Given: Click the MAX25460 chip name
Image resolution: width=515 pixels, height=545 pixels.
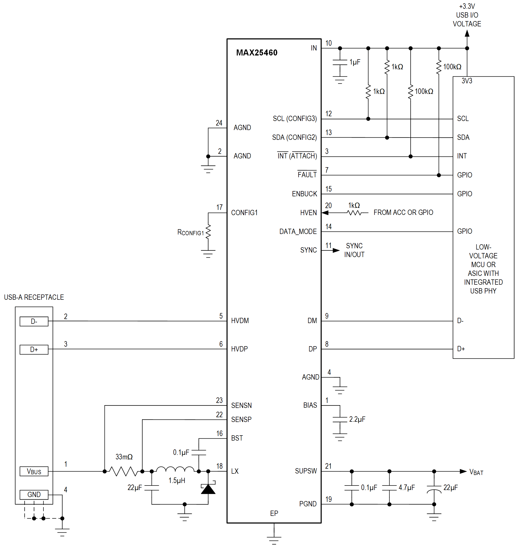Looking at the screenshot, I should (x=257, y=53).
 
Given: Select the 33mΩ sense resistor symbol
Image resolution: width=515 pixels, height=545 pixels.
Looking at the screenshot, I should (x=123, y=471).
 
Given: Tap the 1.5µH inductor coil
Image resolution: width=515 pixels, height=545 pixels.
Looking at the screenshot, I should (x=175, y=469).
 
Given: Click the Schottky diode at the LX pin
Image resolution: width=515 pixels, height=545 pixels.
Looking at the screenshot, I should (x=208, y=489).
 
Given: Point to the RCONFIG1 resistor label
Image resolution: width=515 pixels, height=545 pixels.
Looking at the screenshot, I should (x=191, y=232).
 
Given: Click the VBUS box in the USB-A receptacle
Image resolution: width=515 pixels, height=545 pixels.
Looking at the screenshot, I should (x=34, y=471).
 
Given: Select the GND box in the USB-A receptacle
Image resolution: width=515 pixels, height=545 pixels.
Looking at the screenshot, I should (x=34, y=495).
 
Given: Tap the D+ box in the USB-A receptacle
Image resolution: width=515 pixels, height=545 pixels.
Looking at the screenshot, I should (x=34, y=349).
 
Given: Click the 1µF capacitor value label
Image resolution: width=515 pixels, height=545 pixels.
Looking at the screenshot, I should (x=355, y=62).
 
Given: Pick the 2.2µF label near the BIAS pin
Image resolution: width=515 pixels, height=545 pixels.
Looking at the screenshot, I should (x=357, y=419).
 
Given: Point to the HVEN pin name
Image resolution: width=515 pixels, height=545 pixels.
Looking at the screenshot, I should (x=308, y=213).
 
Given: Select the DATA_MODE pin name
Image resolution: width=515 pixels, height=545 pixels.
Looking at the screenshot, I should (x=298, y=232).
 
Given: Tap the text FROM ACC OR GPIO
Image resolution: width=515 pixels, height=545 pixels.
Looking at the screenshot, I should (x=403, y=212).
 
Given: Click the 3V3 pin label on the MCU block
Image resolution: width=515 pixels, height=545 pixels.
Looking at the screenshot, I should (x=467, y=81).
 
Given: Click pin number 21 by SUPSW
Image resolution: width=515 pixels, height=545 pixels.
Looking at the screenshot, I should (x=328, y=466).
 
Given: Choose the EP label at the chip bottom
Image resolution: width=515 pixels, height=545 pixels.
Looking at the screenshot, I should (x=274, y=513).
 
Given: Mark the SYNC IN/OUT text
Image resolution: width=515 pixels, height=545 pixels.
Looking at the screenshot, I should (x=354, y=250).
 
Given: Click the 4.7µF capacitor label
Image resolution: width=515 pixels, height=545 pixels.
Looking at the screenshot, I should (x=407, y=488).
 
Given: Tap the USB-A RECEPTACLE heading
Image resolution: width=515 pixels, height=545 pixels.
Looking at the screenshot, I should (x=34, y=297).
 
